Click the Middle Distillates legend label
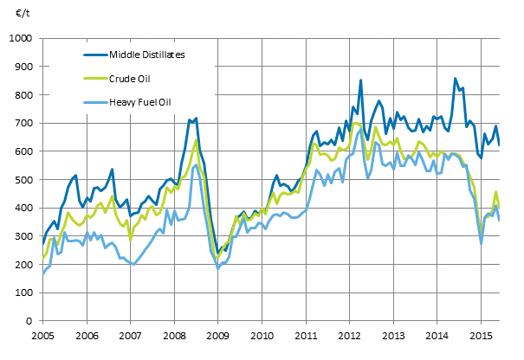147,55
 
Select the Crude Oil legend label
131,79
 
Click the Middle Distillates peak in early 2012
360,80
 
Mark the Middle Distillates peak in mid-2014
456,80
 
